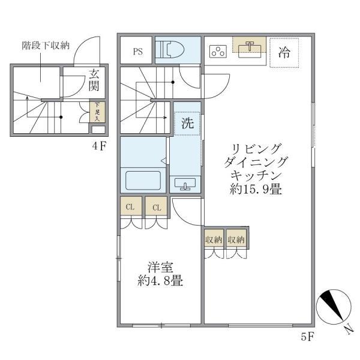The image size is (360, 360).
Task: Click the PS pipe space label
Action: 138,51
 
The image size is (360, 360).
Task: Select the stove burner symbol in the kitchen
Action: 217,52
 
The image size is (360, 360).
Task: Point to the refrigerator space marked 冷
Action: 284,53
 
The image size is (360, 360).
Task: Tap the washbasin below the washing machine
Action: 184,184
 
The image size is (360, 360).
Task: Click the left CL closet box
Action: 130,207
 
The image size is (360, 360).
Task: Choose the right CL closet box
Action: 156,207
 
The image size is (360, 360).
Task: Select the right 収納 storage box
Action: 236,239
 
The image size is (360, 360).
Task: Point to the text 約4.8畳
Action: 160,280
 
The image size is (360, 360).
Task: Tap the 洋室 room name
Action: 160,266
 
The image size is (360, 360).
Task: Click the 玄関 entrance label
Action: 94,80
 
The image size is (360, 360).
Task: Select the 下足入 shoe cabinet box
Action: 95,112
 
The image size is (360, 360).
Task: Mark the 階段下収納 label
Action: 46,44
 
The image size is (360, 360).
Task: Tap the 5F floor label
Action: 307,337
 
